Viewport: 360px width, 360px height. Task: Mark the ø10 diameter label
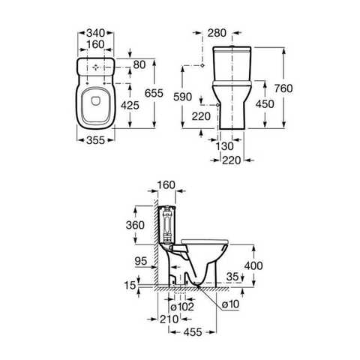[228, 304]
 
